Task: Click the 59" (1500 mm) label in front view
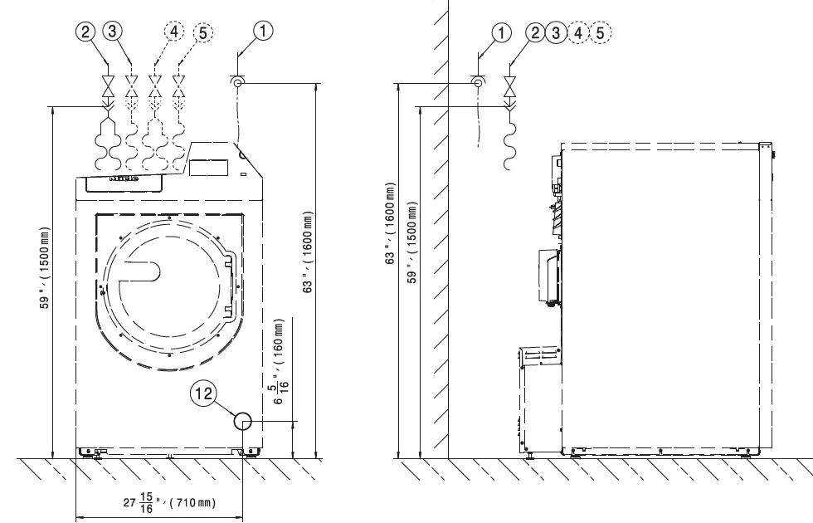46,278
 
